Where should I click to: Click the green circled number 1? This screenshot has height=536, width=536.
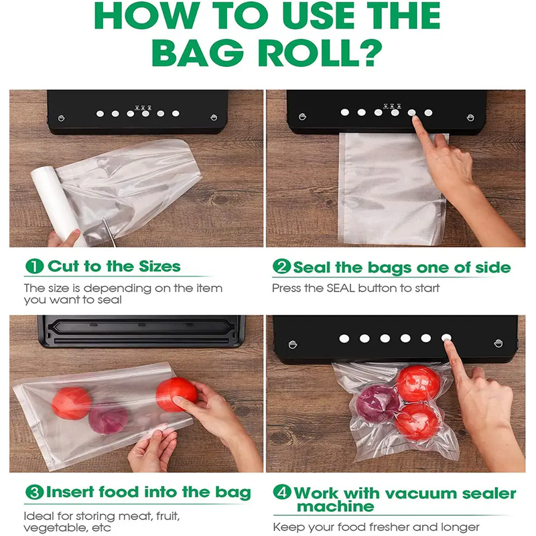coord(34,266)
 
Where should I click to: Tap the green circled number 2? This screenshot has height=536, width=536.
coord(281,267)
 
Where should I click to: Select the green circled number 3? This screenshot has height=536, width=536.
coord(34,492)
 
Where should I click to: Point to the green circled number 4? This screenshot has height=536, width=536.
coord(281,492)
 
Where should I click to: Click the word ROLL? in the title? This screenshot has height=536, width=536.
coord(320,52)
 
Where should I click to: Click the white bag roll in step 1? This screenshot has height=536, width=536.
coord(58,204)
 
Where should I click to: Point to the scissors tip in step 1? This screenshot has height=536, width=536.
coord(103,219)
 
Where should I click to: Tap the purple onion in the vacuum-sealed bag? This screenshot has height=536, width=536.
coord(377,403)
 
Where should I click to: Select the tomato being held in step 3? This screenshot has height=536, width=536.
coord(176,394)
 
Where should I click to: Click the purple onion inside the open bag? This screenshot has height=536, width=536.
coord(109,418)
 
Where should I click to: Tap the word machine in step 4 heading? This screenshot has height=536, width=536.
coord(336,507)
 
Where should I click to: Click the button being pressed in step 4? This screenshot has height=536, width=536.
coord(446,338)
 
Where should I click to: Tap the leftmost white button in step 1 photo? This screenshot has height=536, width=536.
coord(100,113)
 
